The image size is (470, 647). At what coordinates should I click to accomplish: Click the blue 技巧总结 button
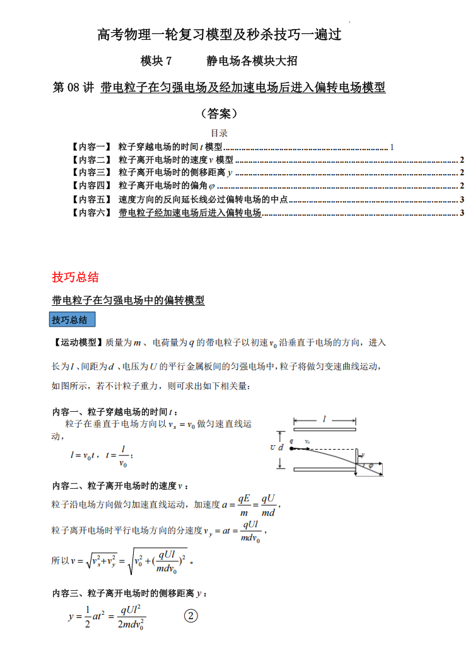click(x=72, y=320)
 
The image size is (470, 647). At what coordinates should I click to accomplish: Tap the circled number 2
click(x=191, y=616)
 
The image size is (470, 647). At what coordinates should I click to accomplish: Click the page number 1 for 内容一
click(x=392, y=147)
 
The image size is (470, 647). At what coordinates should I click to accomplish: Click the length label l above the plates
click(x=324, y=419)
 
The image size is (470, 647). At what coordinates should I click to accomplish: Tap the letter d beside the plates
click(x=281, y=448)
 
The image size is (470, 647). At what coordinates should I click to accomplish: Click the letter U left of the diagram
click(x=272, y=448)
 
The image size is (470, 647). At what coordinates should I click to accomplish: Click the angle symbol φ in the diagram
click(x=371, y=465)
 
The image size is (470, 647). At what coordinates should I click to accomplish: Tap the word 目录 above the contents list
click(x=219, y=133)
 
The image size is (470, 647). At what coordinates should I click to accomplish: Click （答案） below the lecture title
click(x=219, y=114)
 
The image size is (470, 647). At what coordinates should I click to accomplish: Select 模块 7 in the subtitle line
click(x=156, y=61)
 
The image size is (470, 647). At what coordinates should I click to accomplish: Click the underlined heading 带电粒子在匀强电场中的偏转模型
click(x=128, y=301)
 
